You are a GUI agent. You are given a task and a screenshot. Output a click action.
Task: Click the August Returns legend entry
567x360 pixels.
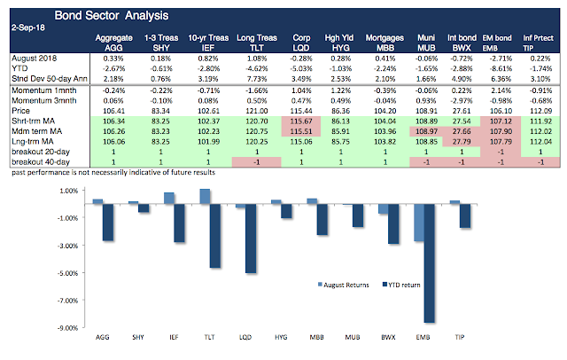(340, 286)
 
